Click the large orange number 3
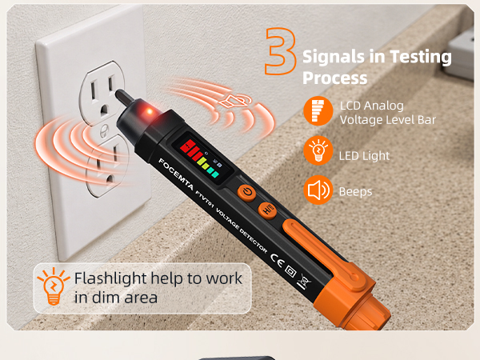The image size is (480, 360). [x=281, y=51]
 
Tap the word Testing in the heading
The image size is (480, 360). [x=421, y=57]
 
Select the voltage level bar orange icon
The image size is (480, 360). [x=318, y=110]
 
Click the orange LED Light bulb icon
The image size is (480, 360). [x=318, y=150]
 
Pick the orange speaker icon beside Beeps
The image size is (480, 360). [x=318, y=190]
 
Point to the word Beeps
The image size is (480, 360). [x=355, y=192]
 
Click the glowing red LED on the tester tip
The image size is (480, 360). [x=149, y=111]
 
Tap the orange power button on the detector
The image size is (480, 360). [x=246, y=193]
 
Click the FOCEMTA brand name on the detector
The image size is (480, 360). [x=176, y=174]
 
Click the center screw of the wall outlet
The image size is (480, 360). [x=104, y=131]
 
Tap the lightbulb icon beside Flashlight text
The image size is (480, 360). [x=54, y=286]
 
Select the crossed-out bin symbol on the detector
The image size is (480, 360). [x=305, y=281]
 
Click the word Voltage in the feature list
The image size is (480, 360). [x=358, y=120]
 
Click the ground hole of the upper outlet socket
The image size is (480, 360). [x=104, y=110]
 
